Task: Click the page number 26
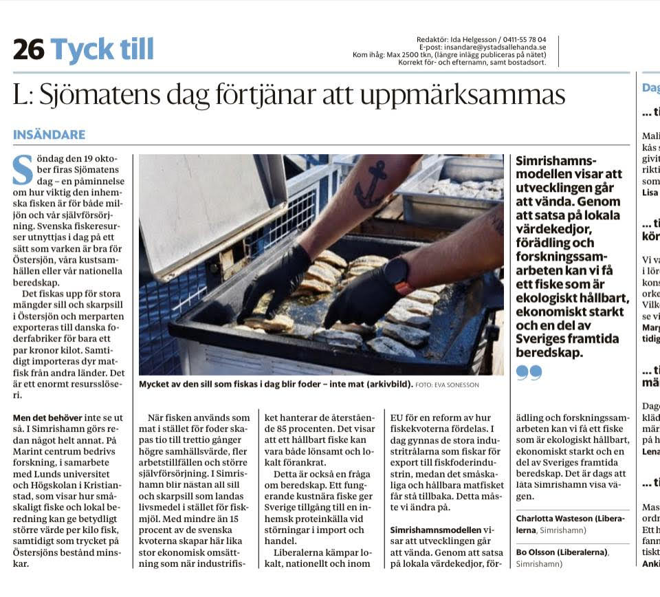[x=28, y=50]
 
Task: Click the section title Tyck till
[x=102, y=50]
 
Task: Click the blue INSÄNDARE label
[x=49, y=135]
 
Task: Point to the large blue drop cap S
[x=23, y=170]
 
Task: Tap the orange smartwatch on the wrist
[x=398, y=274]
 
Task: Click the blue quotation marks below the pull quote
[x=529, y=372]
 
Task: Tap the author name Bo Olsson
[x=537, y=552]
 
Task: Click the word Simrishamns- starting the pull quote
[x=557, y=161]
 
